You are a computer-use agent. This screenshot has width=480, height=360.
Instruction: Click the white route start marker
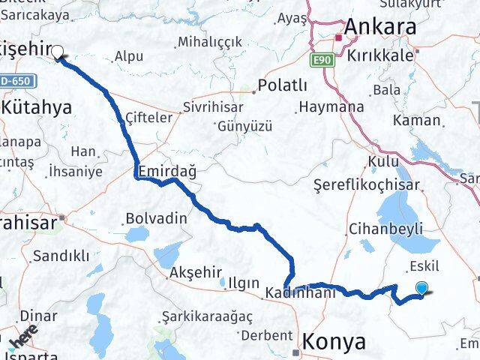57,52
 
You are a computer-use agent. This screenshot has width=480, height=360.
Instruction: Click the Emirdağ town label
166,172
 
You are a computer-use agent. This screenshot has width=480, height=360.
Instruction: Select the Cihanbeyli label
385,229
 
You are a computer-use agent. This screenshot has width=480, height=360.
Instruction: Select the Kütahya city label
37,107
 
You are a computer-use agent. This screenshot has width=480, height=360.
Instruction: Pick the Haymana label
331,107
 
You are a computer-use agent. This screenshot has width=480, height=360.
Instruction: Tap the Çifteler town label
150,117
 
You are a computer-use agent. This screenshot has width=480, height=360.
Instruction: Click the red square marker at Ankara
339,36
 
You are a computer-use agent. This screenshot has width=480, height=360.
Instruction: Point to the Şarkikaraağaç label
208,315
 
